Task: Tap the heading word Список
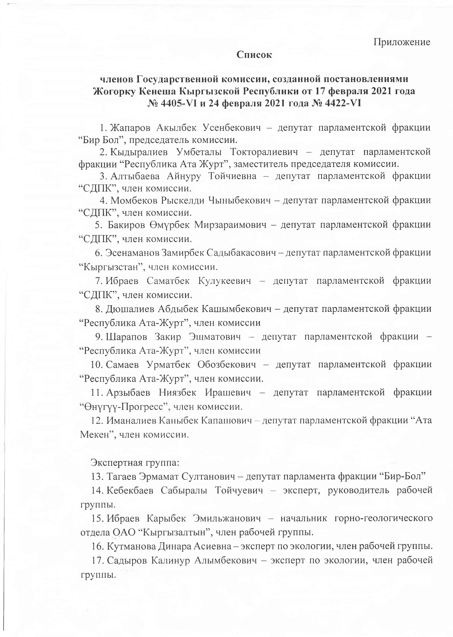(254, 55)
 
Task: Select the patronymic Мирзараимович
(230, 225)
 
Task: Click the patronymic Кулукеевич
(225, 281)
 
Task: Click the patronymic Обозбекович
(226, 364)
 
